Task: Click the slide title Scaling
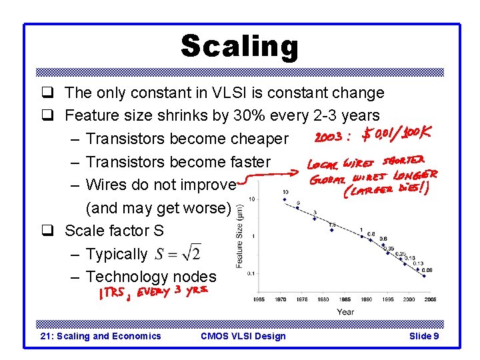[x=239, y=47]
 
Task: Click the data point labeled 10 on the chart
[x=285, y=199]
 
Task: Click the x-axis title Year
[x=345, y=311]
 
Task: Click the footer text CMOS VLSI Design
[x=243, y=336]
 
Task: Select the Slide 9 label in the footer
[x=423, y=336]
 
